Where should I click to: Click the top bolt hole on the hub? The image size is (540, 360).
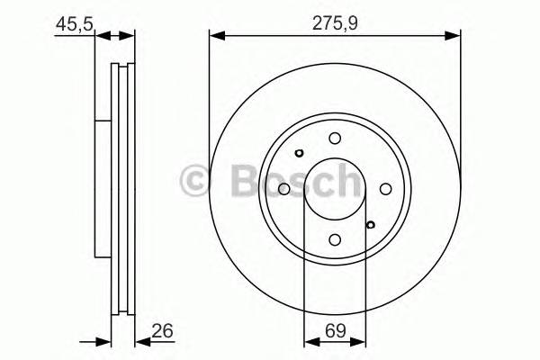coord(335,138)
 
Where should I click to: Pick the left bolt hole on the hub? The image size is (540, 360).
coord(283,189)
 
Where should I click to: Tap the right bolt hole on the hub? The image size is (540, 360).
coord(385,189)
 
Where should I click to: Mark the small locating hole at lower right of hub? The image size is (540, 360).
coord(370,224)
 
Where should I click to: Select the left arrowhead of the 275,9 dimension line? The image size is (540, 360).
coord(215,35)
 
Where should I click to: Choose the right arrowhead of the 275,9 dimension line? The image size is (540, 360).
coord(454,35)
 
